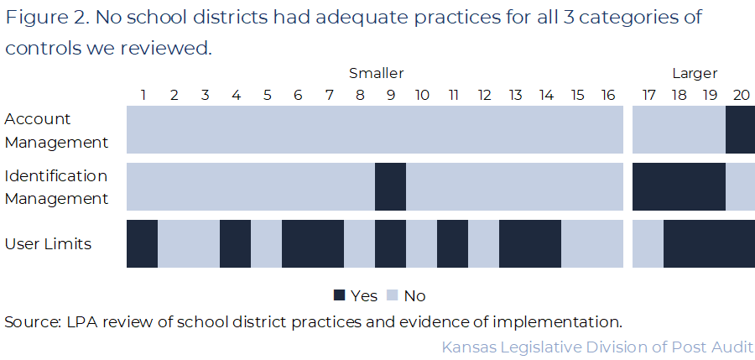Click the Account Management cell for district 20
point(740,129)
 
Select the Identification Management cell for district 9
point(390,186)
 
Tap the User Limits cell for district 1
point(142,243)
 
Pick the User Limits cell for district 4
point(235,243)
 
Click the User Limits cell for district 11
point(452,243)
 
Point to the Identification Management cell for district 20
point(740,186)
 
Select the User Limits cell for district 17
point(648,243)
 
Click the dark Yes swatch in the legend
point(340,295)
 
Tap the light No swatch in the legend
point(393,295)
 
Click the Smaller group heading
point(376,74)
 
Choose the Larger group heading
point(694,74)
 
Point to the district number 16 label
point(607,94)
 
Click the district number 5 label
point(267,94)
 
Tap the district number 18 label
point(678,94)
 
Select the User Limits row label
point(48,244)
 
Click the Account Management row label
point(56,130)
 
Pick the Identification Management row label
point(56,187)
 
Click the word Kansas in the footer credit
point(467,346)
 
